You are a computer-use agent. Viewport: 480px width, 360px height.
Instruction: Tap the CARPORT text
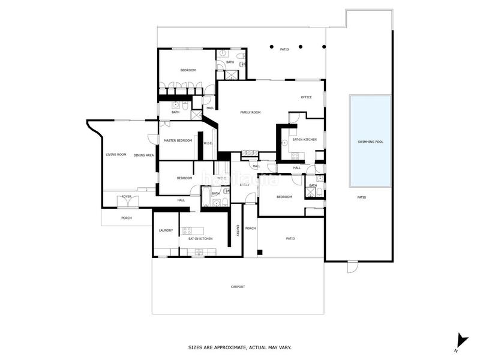[238, 287]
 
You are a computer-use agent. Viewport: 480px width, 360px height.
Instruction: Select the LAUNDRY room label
[166, 230]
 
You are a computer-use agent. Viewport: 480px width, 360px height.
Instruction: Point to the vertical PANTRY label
[237, 230]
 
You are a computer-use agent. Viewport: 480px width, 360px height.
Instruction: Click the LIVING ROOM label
[116, 155]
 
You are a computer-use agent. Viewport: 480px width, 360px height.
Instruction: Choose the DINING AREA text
[143, 155]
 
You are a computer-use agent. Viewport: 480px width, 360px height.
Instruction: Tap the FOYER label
[127, 196]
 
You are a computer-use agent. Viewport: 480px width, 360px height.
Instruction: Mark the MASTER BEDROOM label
[178, 140]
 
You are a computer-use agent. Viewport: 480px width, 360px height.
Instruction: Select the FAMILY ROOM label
[250, 112]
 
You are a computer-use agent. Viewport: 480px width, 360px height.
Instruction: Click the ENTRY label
[244, 185]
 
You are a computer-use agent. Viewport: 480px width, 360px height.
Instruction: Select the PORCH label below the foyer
[127, 218]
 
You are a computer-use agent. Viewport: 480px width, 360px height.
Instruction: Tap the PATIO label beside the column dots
[284, 49]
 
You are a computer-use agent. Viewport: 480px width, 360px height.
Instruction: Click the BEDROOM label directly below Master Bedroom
[184, 178]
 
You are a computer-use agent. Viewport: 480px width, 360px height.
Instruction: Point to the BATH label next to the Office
[313, 185]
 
